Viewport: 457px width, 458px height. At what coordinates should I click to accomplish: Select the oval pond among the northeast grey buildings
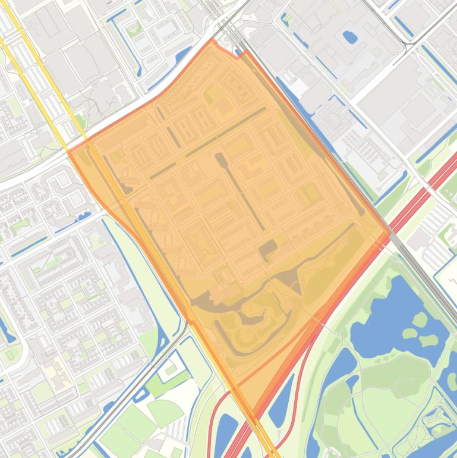pyautogui.click(x=350, y=37)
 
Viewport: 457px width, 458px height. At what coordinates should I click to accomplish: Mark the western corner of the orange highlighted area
pyautogui.click(x=68, y=152)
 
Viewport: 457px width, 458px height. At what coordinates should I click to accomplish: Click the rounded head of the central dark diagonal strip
pyautogui.click(x=220, y=158)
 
